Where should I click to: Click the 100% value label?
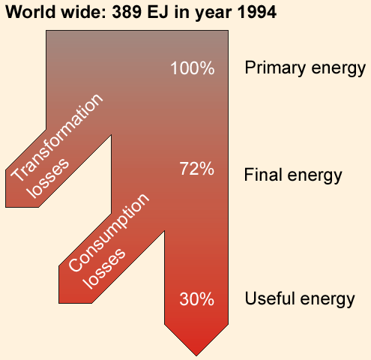pos(193,68)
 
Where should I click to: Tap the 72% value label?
pos(197,169)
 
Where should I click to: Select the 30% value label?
pos(197,298)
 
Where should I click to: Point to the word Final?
pos(264,174)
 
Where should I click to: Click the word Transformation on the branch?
pos(57,137)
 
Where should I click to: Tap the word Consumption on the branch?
pos(109,232)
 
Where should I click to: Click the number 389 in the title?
pos(127,12)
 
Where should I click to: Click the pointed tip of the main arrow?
pos(196,355)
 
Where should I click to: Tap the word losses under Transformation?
pos(48,178)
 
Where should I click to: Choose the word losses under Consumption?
pos(104,268)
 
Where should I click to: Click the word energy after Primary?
pos(339,69)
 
